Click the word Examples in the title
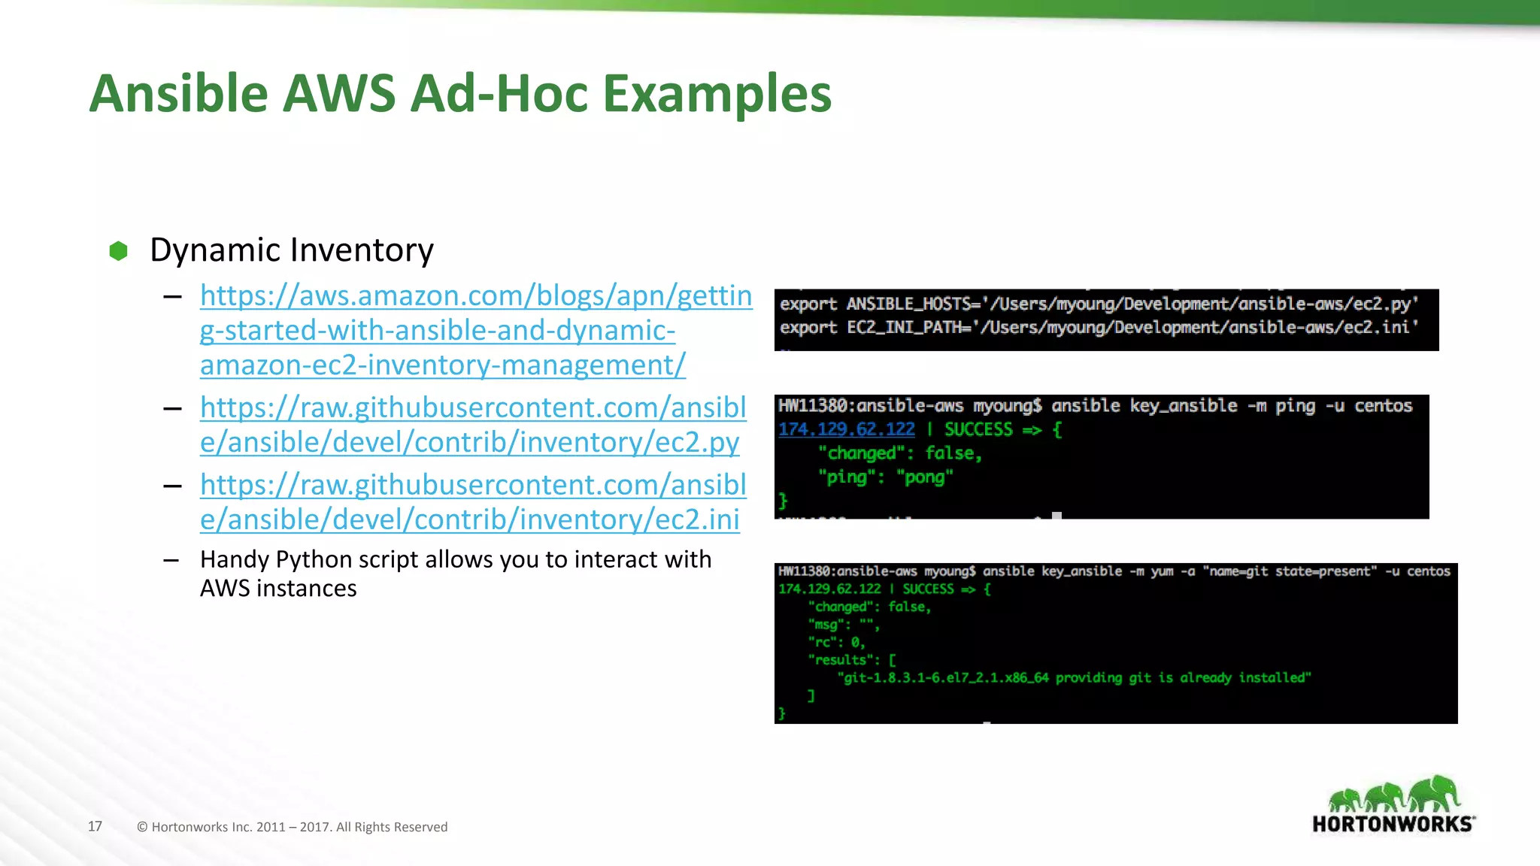pyautogui.click(x=718, y=94)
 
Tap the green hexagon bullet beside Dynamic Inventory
pyautogui.click(x=118, y=251)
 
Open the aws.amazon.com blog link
pyautogui.click(x=475, y=331)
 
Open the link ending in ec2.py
pyautogui.click(x=472, y=425)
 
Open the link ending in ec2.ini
pyautogui.click(x=472, y=502)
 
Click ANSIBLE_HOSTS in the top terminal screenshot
pyautogui.click(x=909, y=304)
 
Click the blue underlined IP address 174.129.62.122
pyautogui.click(x=846, y=429)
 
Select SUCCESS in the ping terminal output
pyautogui.click(x=978, y=429)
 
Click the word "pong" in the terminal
pyautogui.click(x=924, y=477)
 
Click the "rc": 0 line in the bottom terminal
pyautogui.click(x=836, y=643)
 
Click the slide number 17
pyautogui.click(x=95, y=826)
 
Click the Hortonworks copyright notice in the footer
pyautogui.click(x=292, y=827)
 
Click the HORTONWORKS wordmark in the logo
pyautogui.click(x=1391, y=824)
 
